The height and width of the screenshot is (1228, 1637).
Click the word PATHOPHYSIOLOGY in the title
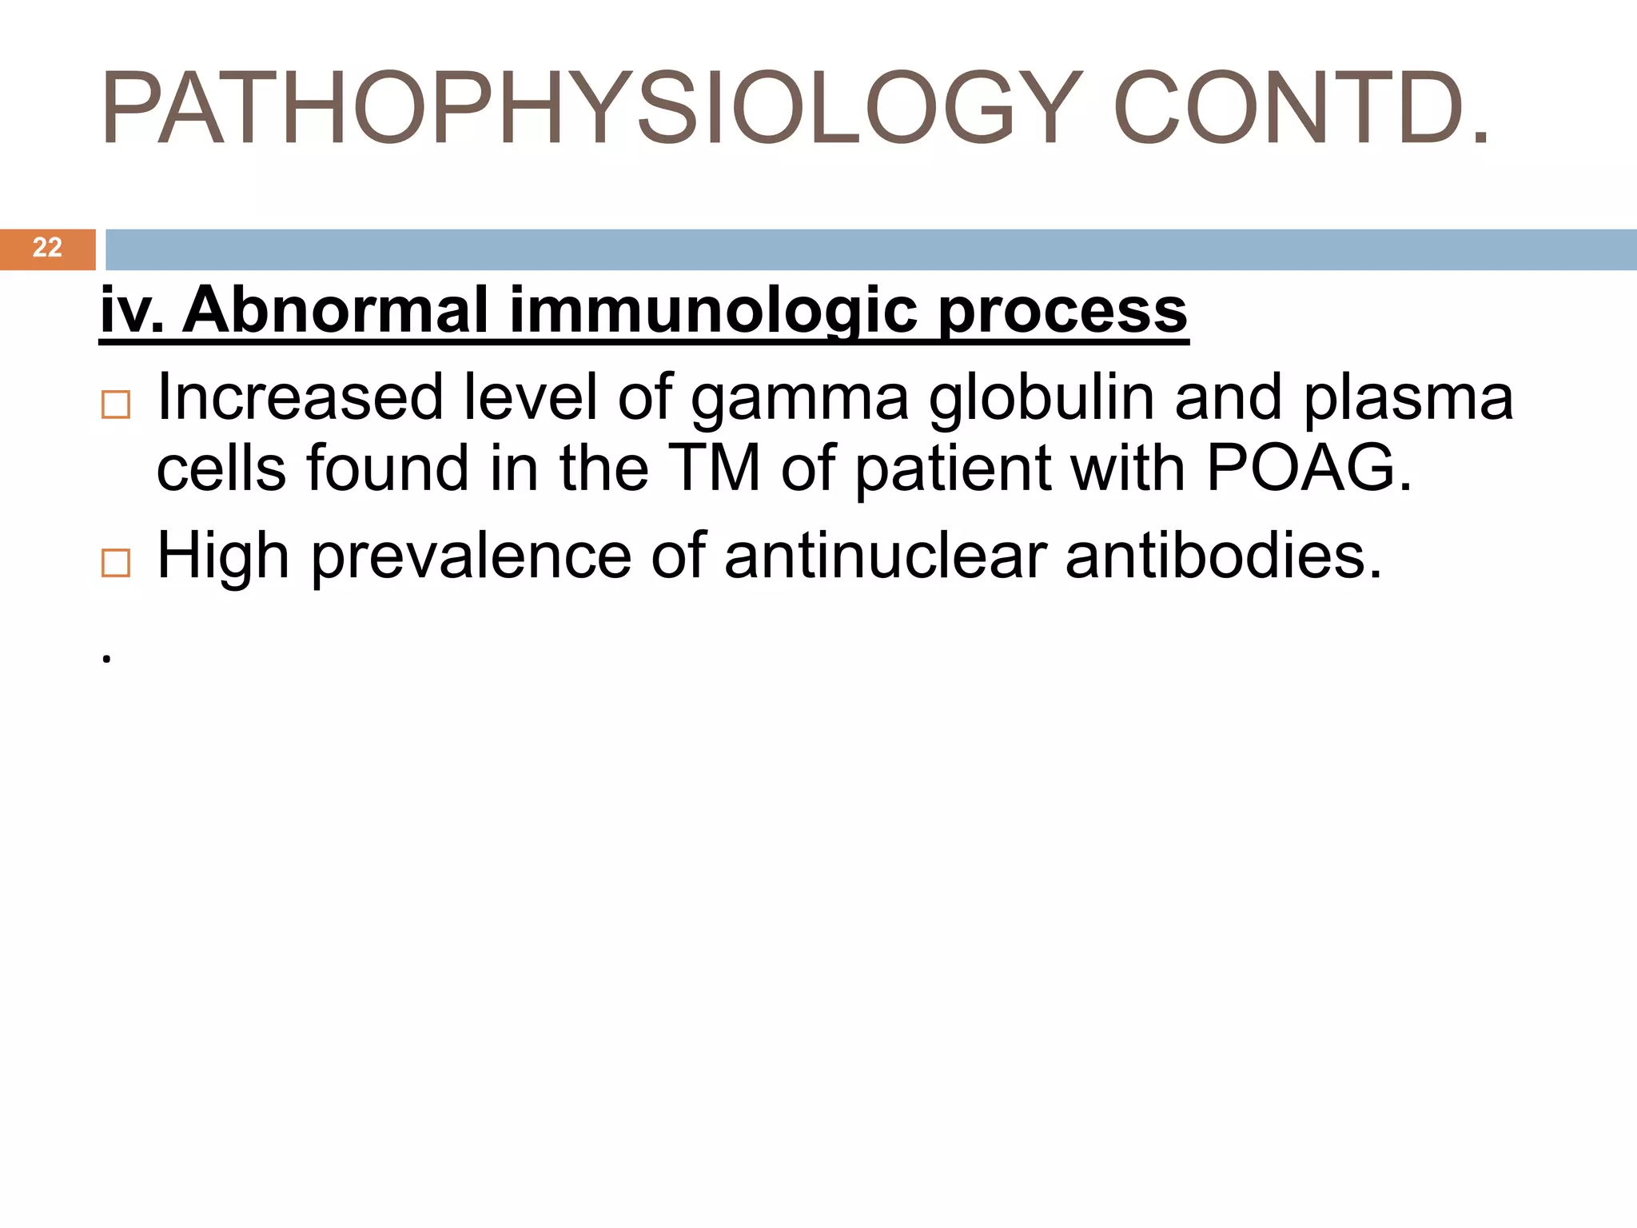591,110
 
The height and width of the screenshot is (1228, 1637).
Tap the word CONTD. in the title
1301,110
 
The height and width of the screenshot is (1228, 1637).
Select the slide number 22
47,248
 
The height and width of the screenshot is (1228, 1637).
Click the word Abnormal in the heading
335,310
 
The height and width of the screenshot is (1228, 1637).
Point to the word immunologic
713,312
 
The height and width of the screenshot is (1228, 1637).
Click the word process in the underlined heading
1063,312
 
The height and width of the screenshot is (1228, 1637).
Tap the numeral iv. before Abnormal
132,310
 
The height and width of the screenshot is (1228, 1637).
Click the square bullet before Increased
116,405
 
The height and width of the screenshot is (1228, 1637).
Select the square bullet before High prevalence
116,564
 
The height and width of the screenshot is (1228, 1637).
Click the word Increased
300,397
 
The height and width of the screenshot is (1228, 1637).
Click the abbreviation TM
714,468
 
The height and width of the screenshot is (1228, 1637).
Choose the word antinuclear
886,556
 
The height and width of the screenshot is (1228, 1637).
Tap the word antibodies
1223,556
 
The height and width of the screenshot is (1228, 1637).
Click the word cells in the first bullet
221,468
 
